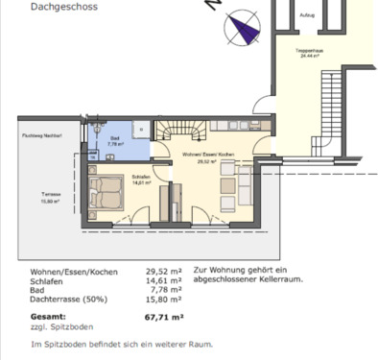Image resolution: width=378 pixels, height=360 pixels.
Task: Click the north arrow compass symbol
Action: [x=243, y=30]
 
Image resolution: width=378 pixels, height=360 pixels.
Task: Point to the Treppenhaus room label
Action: [x=308, y=54]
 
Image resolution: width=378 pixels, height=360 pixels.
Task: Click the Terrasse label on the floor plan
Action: [x=52, y=195]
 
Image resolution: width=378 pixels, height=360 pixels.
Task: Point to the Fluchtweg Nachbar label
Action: [x=41, y=136]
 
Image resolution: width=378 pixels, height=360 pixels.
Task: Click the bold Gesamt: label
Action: [x=48, y=315]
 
